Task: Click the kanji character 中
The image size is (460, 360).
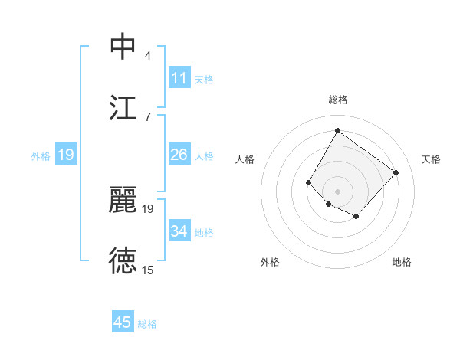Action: (123, 47)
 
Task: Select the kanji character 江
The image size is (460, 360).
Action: (123, 107)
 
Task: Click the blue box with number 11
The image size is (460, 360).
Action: (179, 78)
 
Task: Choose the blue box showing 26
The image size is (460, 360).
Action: (179, 155)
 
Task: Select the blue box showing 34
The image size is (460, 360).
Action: (179, 231)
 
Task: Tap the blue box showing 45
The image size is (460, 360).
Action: (123, 322)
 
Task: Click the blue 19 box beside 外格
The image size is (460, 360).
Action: (66, 155)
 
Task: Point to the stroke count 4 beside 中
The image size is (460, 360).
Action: (148, 55)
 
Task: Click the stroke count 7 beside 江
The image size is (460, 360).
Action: (148, 116)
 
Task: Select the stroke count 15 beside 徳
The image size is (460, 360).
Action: (148, 270)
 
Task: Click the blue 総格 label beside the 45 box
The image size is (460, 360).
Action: (148, 324)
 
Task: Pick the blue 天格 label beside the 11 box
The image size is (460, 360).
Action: (204, 79)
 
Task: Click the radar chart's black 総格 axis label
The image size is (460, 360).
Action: (337, 100)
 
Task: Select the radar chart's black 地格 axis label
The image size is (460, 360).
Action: (402, 262)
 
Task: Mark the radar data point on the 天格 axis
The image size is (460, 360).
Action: (396, 172)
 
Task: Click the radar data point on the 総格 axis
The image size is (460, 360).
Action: (337, 130)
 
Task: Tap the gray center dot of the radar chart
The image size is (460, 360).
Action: (337, 191)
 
